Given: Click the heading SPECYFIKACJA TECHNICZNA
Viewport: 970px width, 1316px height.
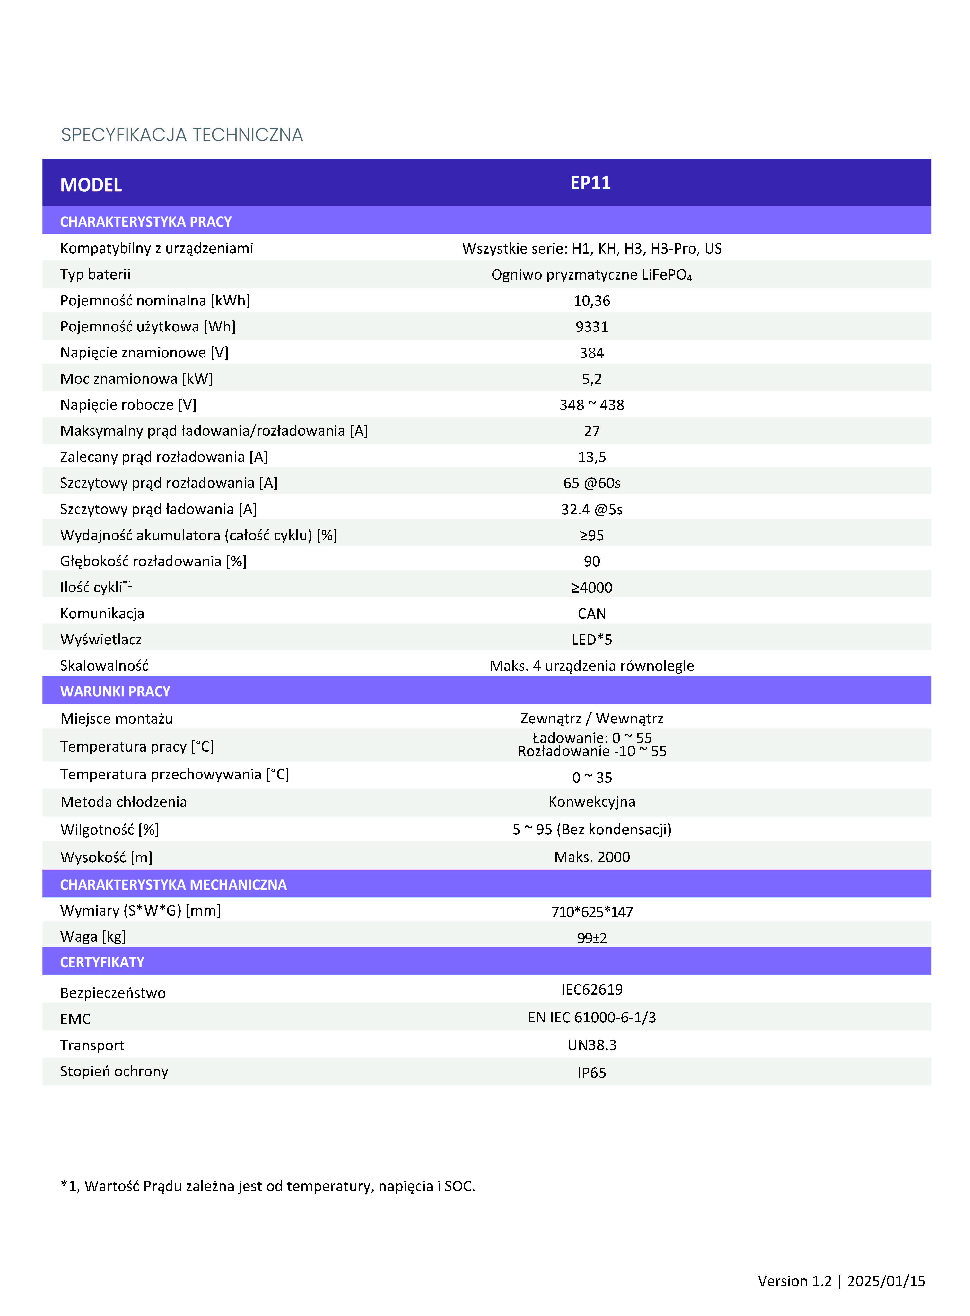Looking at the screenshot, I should pyautogui.click(x=182, y=135).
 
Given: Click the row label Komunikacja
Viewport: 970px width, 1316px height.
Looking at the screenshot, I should pyautogui.click(x=102, y=613).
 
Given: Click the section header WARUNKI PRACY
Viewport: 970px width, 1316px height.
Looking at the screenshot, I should pyautogui.click(x=115, y=692).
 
